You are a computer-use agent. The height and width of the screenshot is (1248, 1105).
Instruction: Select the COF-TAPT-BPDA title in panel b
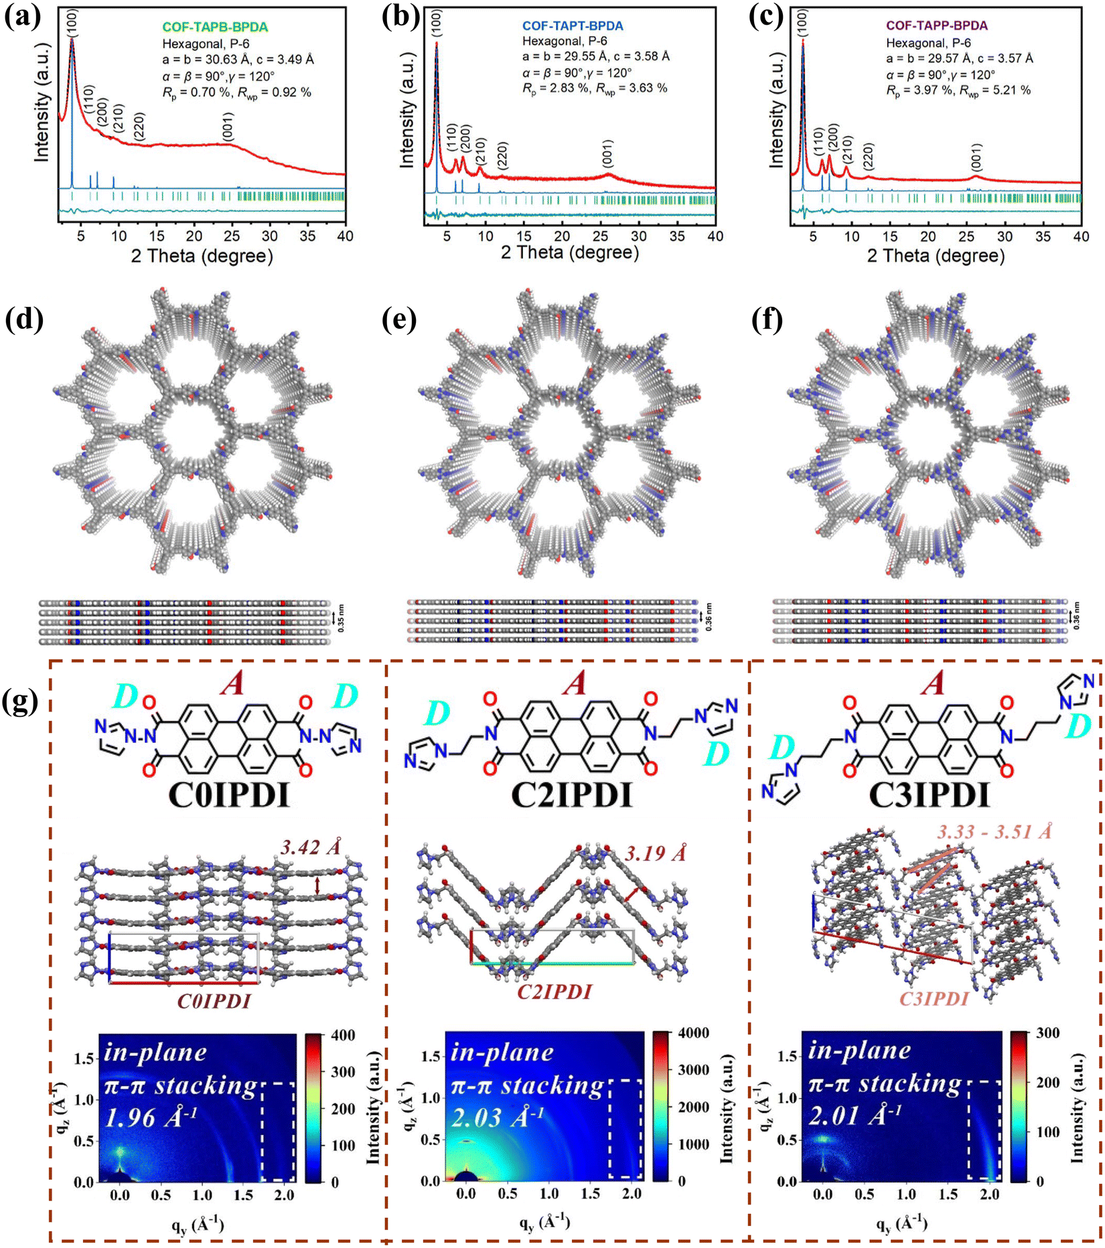pyautogui.click(x=573, y=26)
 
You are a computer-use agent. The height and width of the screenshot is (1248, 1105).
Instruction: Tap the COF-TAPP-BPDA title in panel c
pyautogui.click(x=937, y=26)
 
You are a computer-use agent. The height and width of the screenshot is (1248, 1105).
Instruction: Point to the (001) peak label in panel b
pyautogui.click(x=607, y=155)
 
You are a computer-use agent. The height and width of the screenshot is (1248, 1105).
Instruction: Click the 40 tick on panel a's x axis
pyautogui.click(x=344, y=236)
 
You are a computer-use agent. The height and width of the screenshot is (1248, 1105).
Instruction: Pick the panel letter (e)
pyautogui.click(x=399, y=320)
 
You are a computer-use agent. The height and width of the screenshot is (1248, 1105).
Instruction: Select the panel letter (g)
pyautogui.click(x=21, y=703)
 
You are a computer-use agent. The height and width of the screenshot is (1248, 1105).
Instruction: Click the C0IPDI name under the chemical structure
pyautogui.click(x=228, y=796)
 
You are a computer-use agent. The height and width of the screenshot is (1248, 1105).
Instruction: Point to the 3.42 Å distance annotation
pyautogui.click(x=311, y=847)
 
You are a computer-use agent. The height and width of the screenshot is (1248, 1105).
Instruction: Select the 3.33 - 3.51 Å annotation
pyautogui.click(x=994, y=832)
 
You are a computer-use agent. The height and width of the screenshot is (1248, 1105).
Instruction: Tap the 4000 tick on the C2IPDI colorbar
pyautogui.click(x=694, y=1033)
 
